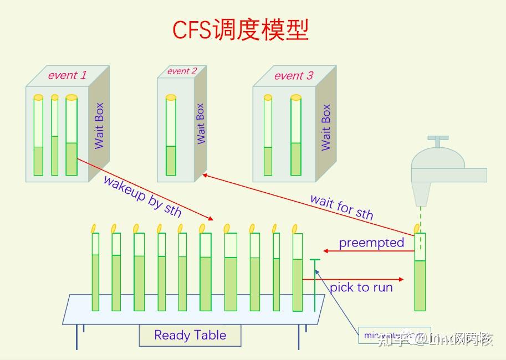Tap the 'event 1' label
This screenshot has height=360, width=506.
[x=67, y=75]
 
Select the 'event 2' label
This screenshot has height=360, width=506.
[x=182, y=71]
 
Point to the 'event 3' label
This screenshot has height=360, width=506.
[x=294, y=76]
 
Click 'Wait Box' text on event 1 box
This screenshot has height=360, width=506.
[x=99, y=126]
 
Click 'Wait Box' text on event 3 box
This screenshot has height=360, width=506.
[x=326, y=127]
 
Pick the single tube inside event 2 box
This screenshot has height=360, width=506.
[x=171, y=136]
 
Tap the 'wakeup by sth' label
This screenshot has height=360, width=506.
[x=142, y=196]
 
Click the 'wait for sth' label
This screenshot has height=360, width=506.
[x=341, y=207]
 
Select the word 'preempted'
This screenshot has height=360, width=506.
[x=371, y=243]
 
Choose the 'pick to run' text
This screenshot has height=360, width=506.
[x=361, y=287]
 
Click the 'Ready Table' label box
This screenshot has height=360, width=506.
[x=190, y=335]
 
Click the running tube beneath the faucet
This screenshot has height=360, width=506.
[x=421, y=271]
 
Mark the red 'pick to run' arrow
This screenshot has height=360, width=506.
[x=360, y=279]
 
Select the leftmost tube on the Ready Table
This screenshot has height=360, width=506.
[x=95, y=271]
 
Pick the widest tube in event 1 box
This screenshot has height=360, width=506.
[x=71, y=136]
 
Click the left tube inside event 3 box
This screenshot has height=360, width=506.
[x=268, y=136]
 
